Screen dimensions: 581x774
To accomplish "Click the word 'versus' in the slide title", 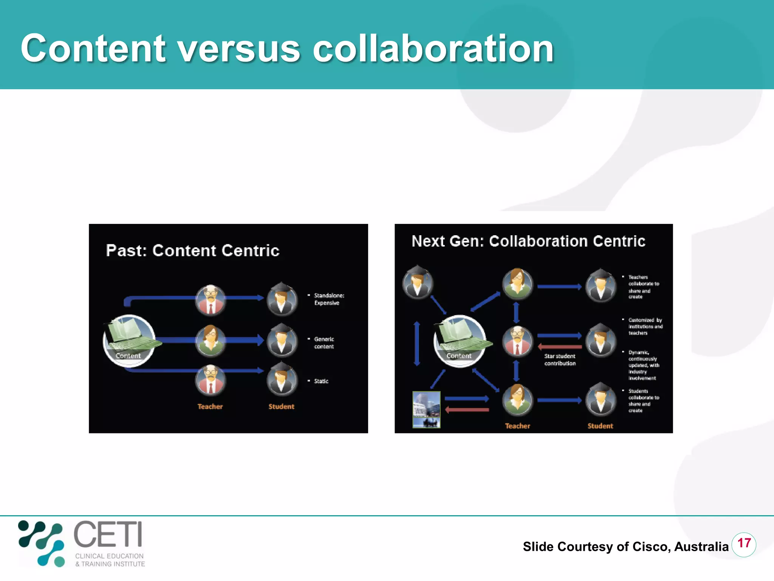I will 239,49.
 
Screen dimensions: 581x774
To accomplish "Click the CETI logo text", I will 108,534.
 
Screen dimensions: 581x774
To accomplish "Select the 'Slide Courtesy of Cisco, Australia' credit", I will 625,547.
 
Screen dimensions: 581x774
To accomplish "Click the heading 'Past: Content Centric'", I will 192,251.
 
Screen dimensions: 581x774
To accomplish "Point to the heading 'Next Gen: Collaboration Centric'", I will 528,241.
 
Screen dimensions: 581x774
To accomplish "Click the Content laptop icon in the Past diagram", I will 129,340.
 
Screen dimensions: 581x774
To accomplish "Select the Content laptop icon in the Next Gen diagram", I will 460,340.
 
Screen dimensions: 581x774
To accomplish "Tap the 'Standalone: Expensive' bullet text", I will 328,299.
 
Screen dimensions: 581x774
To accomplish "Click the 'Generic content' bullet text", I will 324,343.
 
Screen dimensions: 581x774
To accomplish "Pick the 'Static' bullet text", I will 321,381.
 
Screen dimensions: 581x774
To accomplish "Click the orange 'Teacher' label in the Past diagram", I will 210,407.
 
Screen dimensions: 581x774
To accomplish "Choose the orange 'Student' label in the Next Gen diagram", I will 600,426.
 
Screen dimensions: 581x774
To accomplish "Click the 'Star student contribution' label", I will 560,360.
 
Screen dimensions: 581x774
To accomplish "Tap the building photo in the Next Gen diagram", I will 426,410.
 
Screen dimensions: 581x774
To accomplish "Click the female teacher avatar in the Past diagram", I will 211,340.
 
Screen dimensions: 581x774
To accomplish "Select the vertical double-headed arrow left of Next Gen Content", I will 417,343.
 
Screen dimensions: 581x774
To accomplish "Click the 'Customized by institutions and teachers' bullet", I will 645,326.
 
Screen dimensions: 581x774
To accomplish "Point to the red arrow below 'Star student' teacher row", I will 559,346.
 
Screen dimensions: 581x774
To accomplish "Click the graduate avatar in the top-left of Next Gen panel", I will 417,282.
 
